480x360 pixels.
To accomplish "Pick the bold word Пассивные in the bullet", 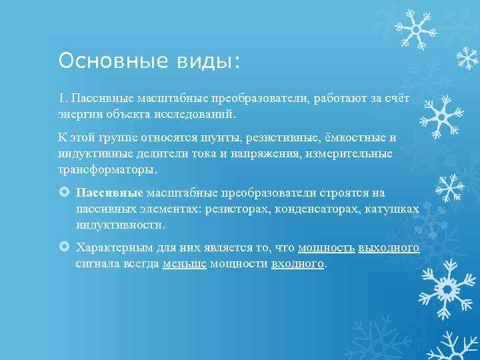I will coord(109,193).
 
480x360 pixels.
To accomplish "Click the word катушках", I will coord(395,209).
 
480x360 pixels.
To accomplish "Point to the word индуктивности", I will coord(120,225).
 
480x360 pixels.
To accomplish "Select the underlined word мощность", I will coord(327,248).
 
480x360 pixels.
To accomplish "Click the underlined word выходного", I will coord(389,248).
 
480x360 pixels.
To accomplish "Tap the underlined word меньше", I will coord(184,264).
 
